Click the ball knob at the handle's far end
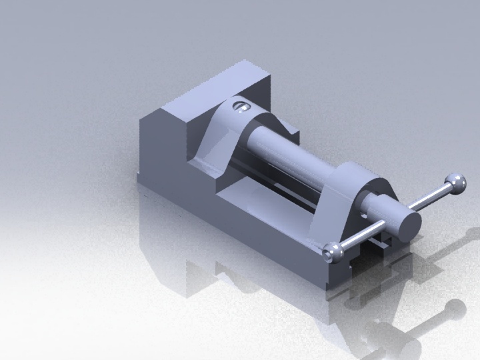[x=456, y=182]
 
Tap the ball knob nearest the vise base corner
[x=331, y=252]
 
